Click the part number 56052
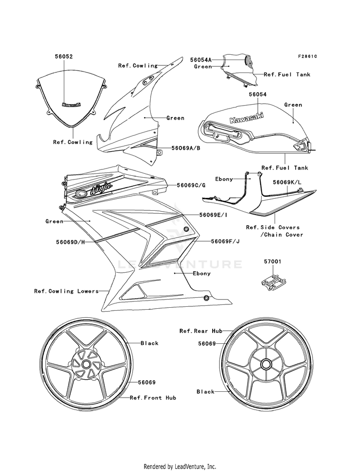coord(63,56)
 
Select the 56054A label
coord(201,60)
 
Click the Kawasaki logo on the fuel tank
coord(242,119)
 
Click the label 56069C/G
coord(191,185)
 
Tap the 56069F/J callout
coord(225,241)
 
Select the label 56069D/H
coord(70,242)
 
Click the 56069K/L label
coord(287,183)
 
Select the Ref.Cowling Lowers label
coord(66,291)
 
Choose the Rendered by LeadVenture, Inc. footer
coord(180,466)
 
